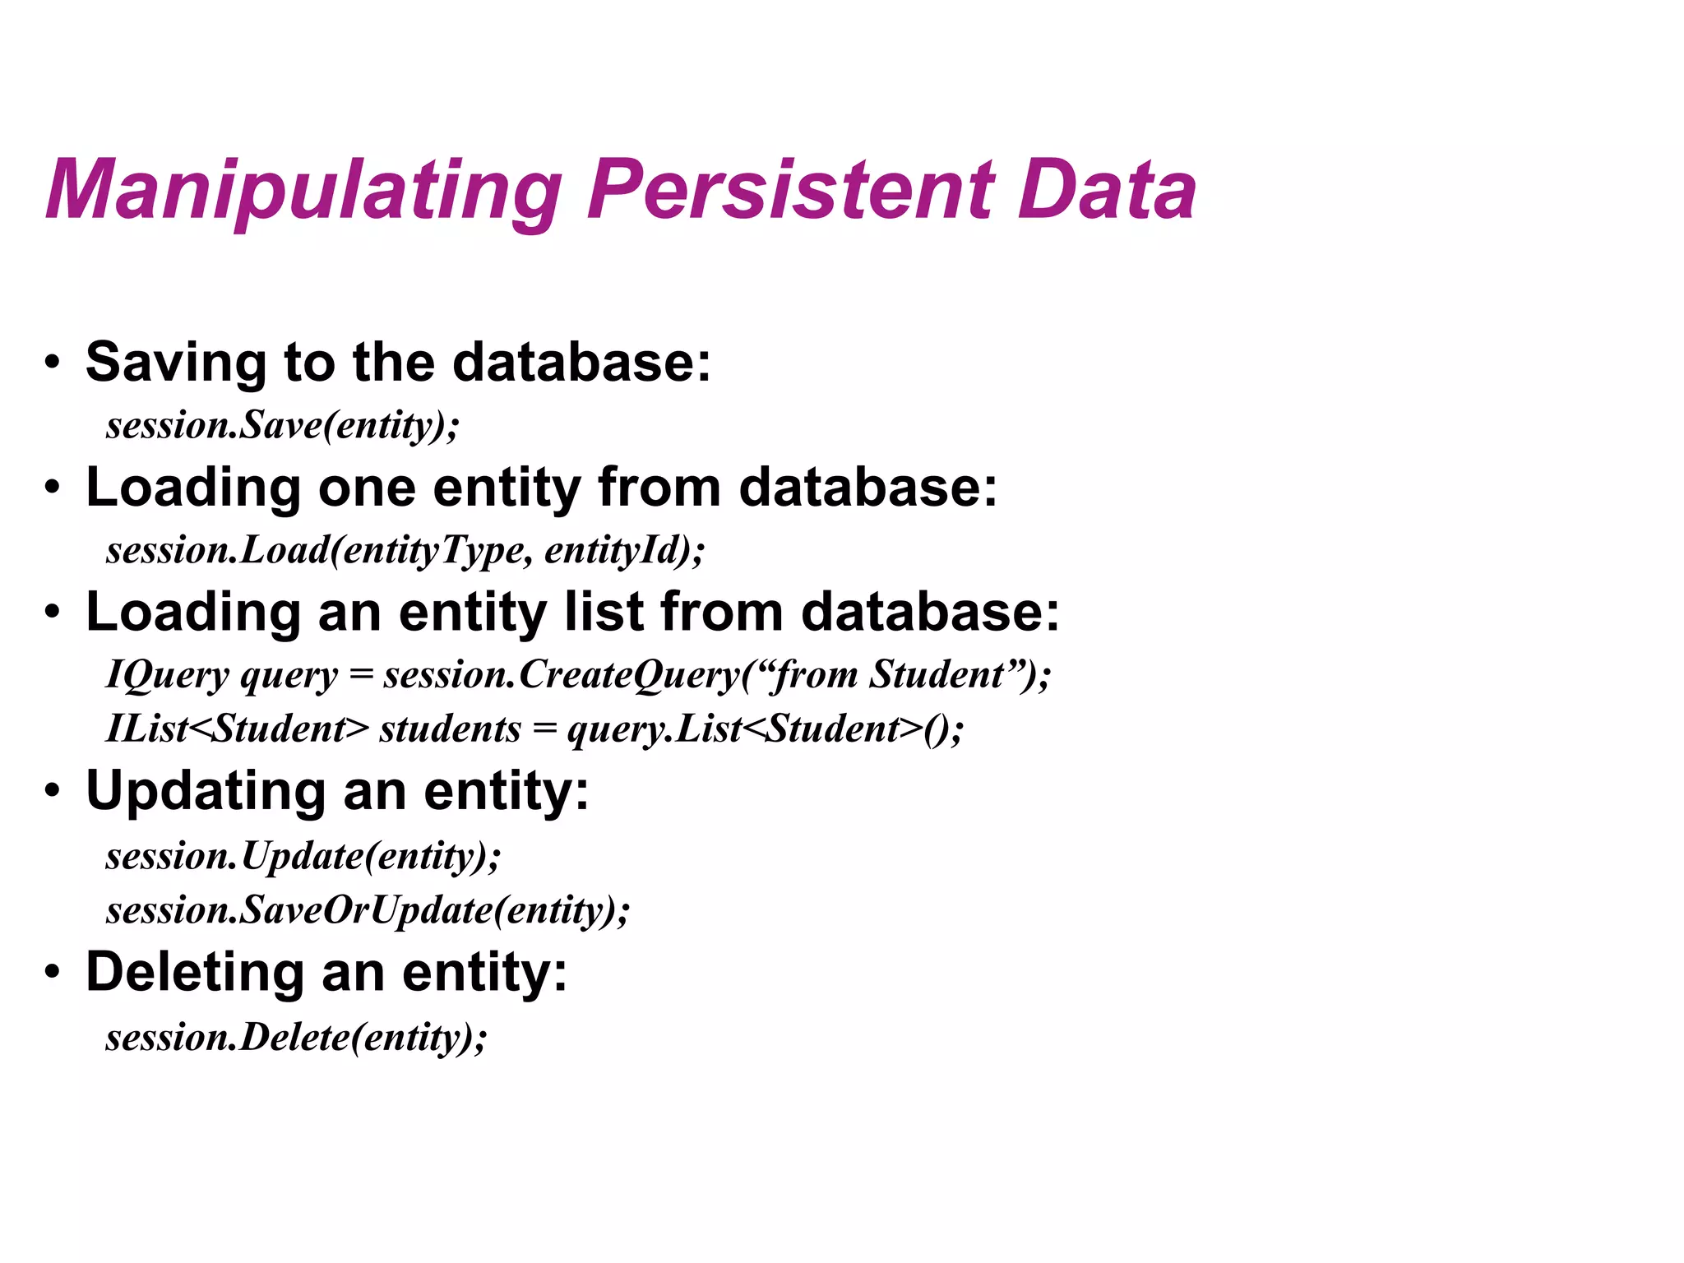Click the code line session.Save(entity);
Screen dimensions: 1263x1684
click(x=282, y=426)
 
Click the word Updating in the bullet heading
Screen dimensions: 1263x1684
click(x=206, y=792)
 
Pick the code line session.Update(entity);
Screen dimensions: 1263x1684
click(x=303, y=856)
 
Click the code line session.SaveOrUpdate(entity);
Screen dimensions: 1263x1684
click(x=368, y=910)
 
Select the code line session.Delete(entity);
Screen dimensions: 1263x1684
click(x=296, y=1037)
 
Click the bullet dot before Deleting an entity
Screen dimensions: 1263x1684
click(x=53, y=973)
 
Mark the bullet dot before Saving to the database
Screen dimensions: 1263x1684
click(x=53, y=363)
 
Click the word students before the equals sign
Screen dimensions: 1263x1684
click(x=450, y=729)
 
